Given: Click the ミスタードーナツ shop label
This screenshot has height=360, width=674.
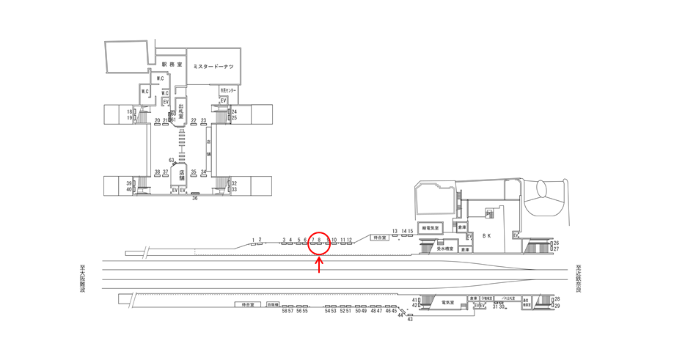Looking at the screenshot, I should point(213,67).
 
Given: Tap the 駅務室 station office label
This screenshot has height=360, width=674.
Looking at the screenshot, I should point(171,65).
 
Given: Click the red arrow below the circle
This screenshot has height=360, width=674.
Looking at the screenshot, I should point(319,265).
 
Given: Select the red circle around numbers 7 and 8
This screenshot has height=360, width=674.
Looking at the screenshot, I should point(319,243).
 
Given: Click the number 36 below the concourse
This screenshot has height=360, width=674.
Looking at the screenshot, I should point(195,198).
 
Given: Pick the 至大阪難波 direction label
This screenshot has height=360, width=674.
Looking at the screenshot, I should point(82,279).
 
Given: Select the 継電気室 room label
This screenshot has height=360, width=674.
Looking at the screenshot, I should point(431,228).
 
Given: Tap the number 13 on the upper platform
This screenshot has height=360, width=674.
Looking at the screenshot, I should point(395,231).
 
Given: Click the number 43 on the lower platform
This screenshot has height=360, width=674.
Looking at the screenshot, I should point(410,319).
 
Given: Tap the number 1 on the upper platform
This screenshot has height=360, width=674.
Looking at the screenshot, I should point(254,240).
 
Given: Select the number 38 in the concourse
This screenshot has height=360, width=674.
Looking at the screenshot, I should point(157,172).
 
